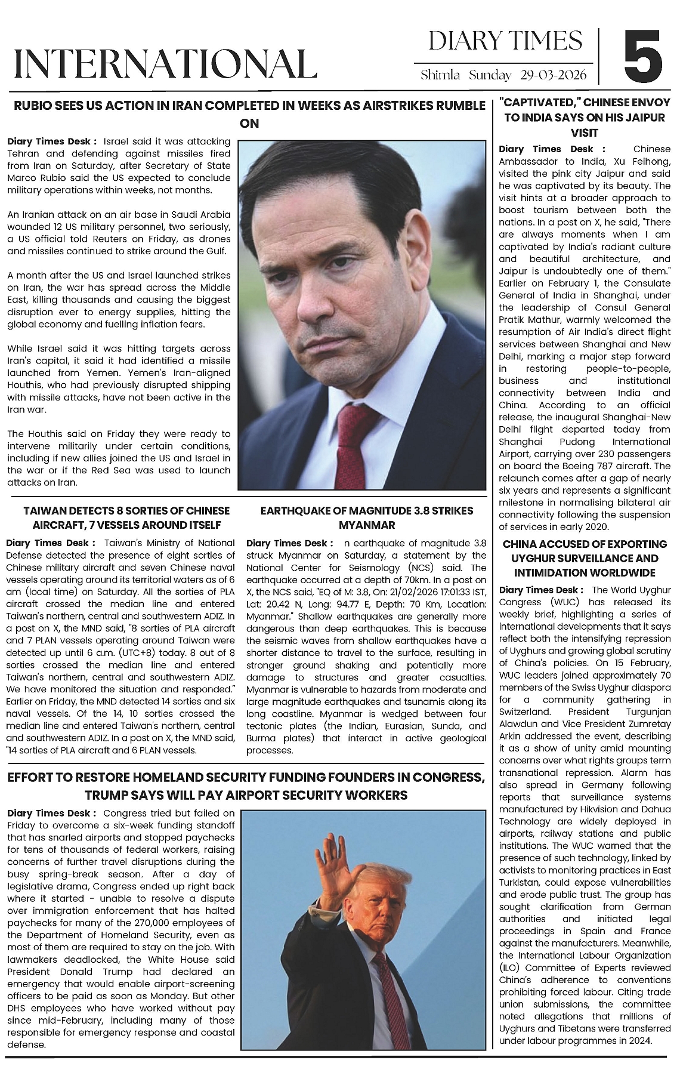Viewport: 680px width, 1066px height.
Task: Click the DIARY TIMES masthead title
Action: (505, 41)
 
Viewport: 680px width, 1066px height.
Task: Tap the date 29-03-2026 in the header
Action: (553, 75)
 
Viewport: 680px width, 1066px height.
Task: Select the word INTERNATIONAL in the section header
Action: (165, 64)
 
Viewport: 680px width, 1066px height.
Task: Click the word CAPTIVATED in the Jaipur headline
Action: (541, 103)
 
